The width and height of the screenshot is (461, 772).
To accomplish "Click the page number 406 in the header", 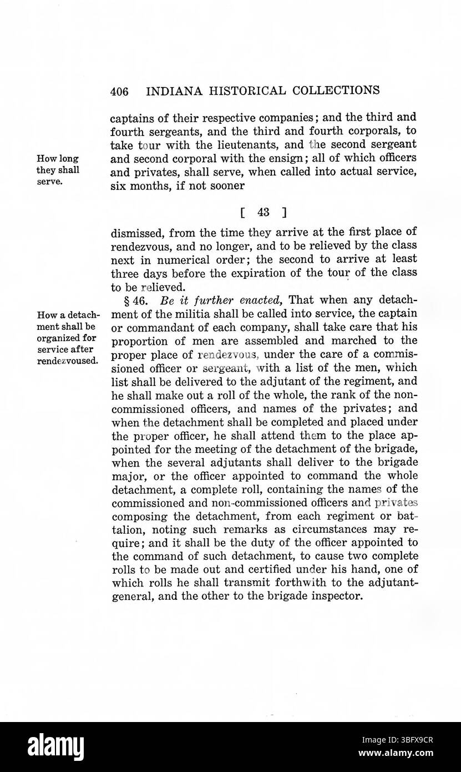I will tap(119, 91).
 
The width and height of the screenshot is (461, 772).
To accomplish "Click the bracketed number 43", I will tap(259, 212).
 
